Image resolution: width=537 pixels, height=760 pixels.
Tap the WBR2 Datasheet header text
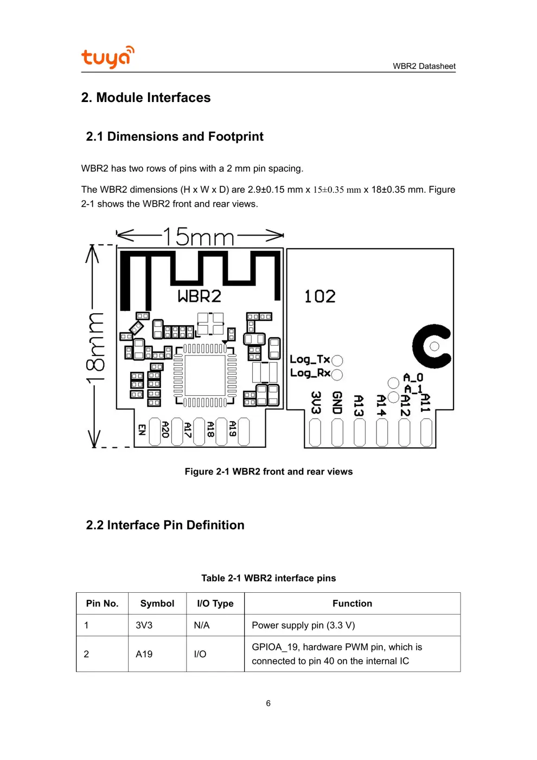[424, 66]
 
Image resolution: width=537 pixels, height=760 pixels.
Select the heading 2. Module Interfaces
[146, 98]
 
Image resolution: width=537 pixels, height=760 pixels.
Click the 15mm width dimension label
[198, 237]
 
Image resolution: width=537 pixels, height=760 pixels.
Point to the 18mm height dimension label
[95, 347]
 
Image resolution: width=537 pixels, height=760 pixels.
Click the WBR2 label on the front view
[200, 296]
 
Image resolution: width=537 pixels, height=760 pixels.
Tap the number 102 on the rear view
[319, 296]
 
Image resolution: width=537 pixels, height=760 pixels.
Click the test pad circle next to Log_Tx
[337, 360]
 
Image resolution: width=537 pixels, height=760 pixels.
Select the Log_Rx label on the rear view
[310, 373]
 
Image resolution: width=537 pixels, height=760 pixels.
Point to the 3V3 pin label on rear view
[316, 403]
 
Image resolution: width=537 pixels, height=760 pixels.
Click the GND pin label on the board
[337, 403]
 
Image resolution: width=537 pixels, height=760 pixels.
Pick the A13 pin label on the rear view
[359, 406]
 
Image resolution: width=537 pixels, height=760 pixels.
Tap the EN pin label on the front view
[142, 430]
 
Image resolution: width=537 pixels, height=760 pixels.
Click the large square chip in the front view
[205, 375]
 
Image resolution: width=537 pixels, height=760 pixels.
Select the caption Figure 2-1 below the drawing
[268, 472]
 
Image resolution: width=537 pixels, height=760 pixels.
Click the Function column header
[352, 604]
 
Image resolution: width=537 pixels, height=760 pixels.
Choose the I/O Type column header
[215, 604]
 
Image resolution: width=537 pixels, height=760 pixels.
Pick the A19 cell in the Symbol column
[144, 654]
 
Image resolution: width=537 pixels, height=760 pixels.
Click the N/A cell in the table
[202, 625]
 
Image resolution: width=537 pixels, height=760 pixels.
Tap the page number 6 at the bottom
[268, 704]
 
